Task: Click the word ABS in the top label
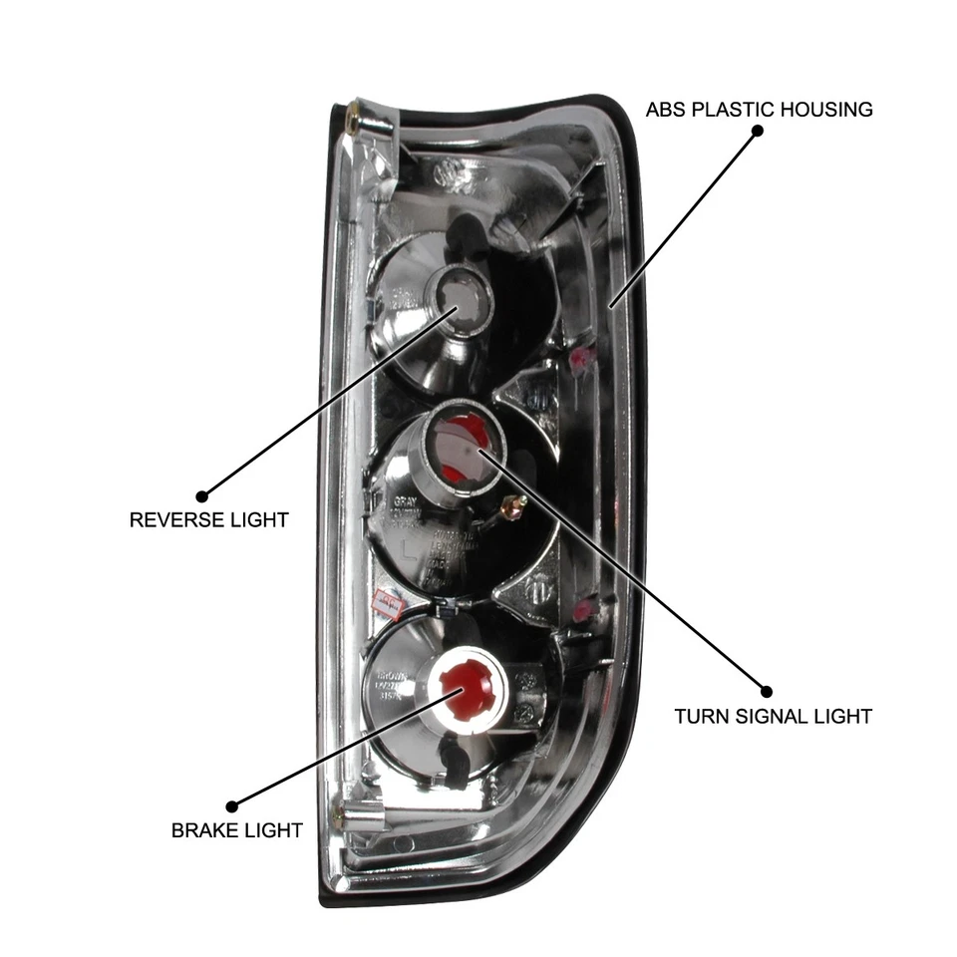pos(666,110)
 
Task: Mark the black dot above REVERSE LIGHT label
pos(201,494)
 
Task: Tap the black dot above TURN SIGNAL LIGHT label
pos(766,691)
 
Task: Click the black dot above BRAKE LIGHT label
pos(232,805)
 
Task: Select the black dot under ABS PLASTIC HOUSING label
pos(757,133)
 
